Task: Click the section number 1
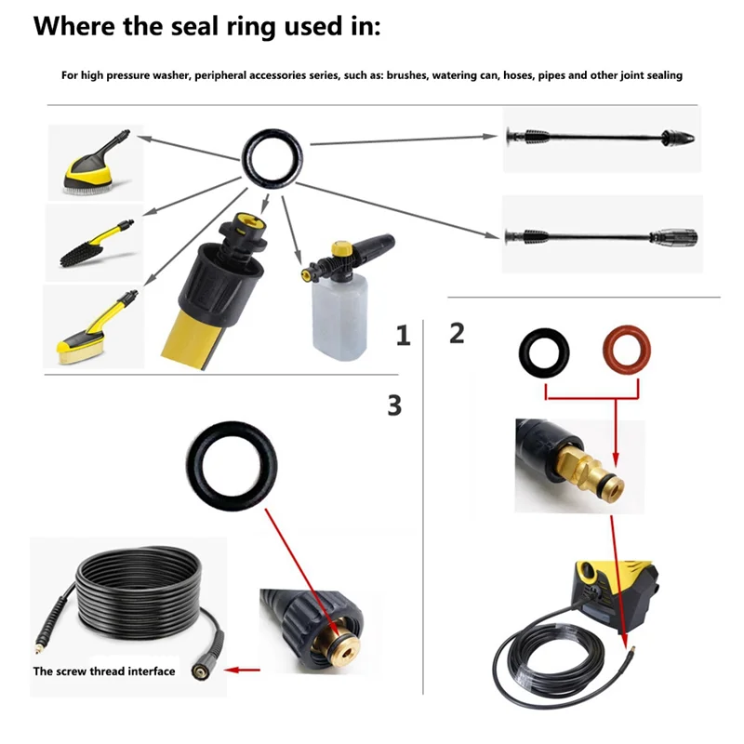[403, 336]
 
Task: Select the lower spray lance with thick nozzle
[600, 233]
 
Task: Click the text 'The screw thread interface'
[104, 671]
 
